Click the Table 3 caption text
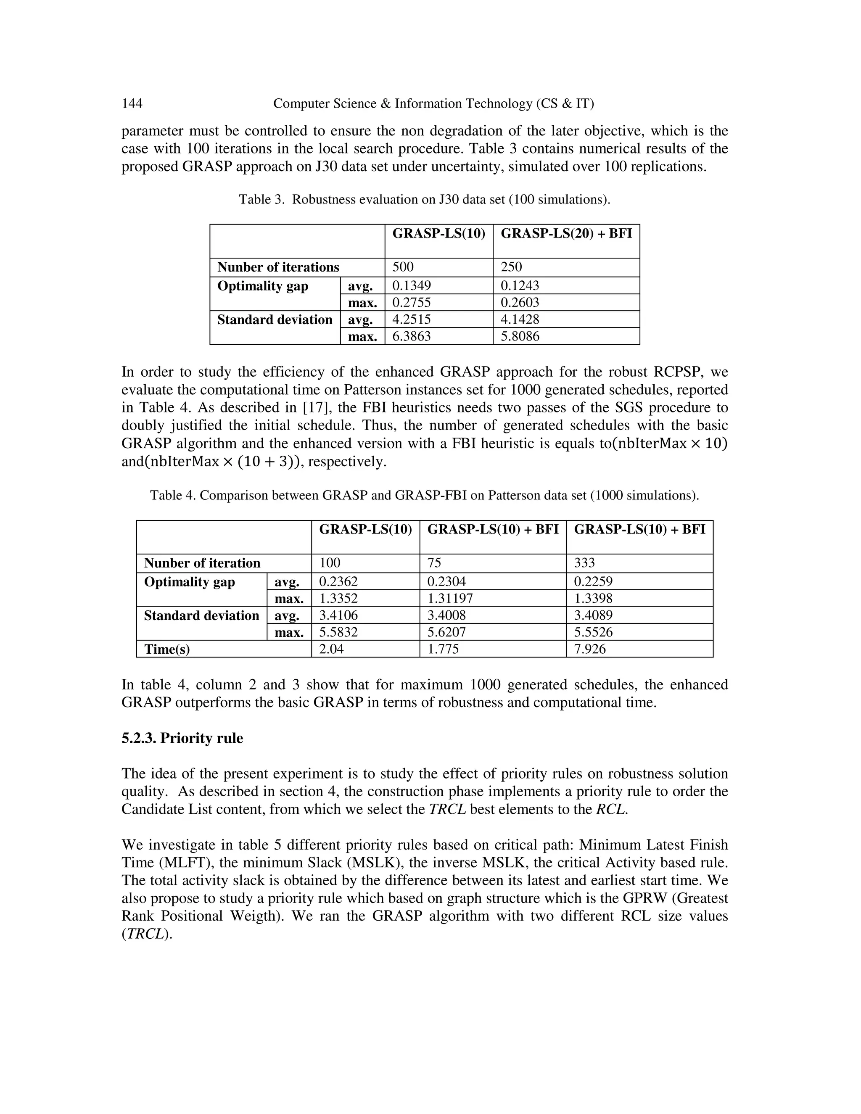pyautogui.click(x=424, y=199)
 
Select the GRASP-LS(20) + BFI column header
pyautogui.click(x=566, y=234)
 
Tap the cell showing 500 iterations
pyautogui.click(x=403, y=267)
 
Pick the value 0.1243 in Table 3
pyautogui.click(x=520, y=285)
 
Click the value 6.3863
pyautogui.click(x=411, y=336)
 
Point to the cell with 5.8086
pyautogui.click(x=520, y=336)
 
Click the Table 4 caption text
pyautogui.click(x=424, y=495)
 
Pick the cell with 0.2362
pyautogui.click(x=338, y=581)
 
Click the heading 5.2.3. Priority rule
pyautogui.click(x=182, y=738)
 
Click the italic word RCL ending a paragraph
pyautogui.click(x=610, y=810)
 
